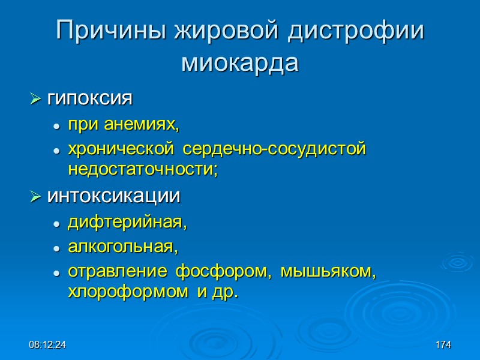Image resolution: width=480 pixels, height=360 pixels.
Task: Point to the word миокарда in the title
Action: coord(239,63)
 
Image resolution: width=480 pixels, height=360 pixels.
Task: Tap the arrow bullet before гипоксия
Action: coord(35,98)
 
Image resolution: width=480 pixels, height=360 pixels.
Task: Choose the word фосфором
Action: coord(218,271)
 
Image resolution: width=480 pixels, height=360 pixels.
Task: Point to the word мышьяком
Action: coord(323,271)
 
